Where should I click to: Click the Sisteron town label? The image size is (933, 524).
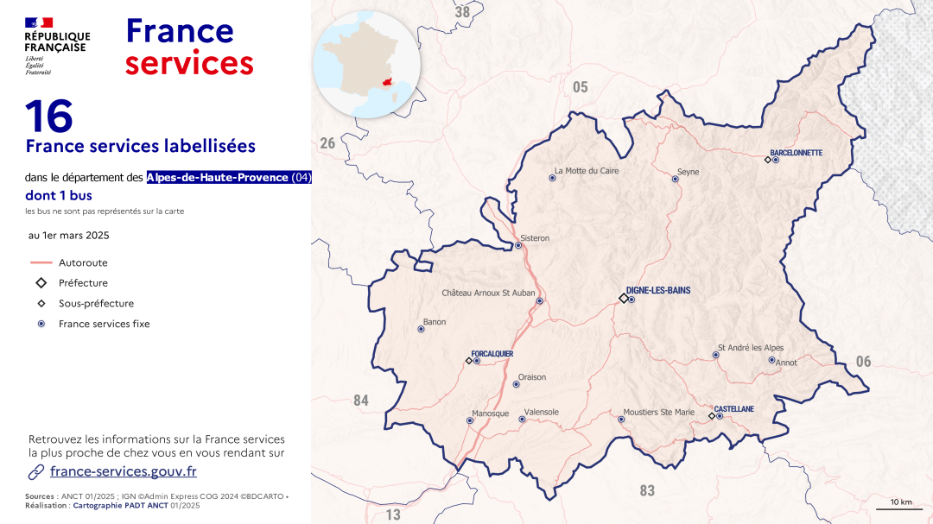pyautogui.click(x=535, y=238)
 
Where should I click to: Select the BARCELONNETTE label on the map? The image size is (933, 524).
pyautogui.click(x=796, y=153)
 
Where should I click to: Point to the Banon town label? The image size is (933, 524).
pyautogui.click(x=434, y=321)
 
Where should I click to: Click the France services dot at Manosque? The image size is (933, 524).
pyautogui.click(x=470, y=421)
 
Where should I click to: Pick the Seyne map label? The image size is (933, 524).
pyautogui.click(x=688, y=172)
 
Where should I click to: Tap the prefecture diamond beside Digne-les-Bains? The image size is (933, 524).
pyautogui.click(x=623, y=299)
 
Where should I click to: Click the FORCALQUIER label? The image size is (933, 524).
pyautogui.click(x=492, y=354)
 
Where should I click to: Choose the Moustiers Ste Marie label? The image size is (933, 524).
pyautogui.click(x=660, y=413)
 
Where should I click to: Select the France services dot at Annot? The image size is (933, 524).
pyautogui.click(x=771, y=360)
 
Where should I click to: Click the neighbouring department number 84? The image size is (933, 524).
pyautogui.click(x=361, y=400)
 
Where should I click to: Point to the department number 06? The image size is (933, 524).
pyautogui.click(x=863, y=362)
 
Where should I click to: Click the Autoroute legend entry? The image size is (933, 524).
pyautogui.click(x=83, y=262)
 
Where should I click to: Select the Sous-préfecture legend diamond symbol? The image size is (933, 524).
pyautogui.click(x=41, y=304)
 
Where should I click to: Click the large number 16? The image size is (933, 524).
pyautogui.click(x=48, y=116)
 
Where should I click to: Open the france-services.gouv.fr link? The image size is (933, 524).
pyautogui.click(x=123, y=471)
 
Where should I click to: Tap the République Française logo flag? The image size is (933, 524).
pyautogui.click(x=39, y=22)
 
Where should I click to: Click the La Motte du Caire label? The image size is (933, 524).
pyautogui.click(x=587, y=171)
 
